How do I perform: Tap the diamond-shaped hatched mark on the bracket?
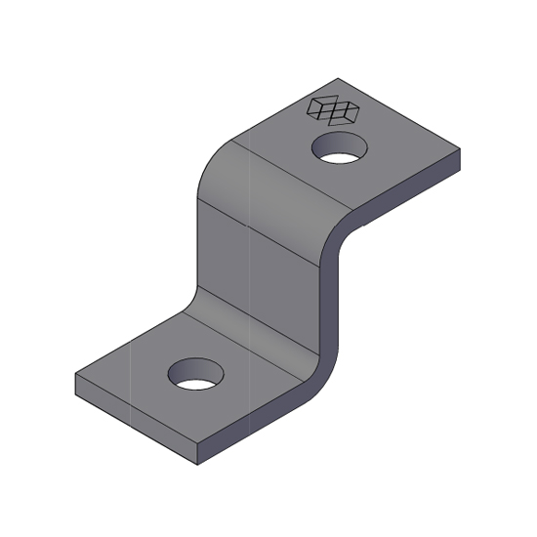pos(333,110)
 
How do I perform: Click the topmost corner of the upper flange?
pos(337,78)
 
